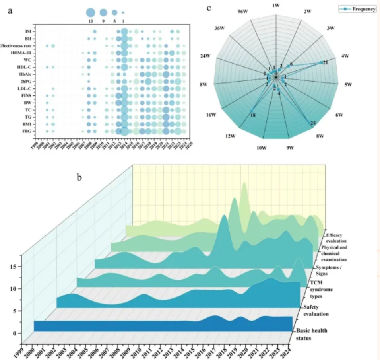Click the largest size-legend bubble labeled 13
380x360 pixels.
tap(90, 12)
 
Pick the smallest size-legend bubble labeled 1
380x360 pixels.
tap(123, 12)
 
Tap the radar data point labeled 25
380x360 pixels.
tap(308, 123)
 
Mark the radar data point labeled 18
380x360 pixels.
tap(251, 111)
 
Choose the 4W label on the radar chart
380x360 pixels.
tap(344, 56)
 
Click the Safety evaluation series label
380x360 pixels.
tap(316, 310)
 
